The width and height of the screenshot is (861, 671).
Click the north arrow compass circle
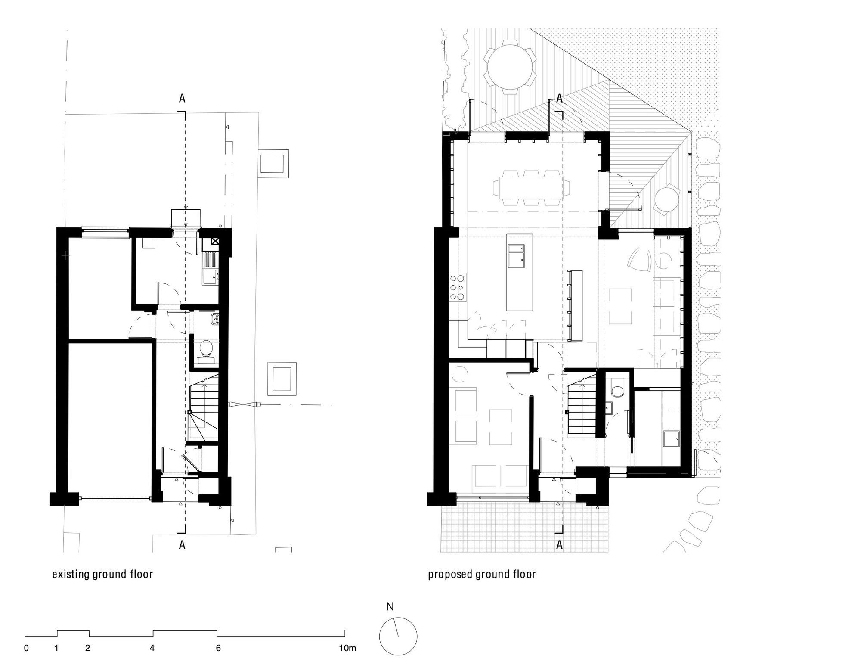(398, 636)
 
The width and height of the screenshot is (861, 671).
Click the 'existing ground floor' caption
(102, 575)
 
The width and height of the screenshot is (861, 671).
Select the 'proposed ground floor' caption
(482, 575)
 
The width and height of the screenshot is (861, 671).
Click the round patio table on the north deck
(510, 65)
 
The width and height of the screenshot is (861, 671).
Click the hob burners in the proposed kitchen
(457, 287)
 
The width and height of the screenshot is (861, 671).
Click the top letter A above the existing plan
(182, 99)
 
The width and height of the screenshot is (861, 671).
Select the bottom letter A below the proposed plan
(560, 545)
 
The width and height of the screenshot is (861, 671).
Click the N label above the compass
(390, 607)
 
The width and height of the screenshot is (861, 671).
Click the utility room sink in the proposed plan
(671, 439)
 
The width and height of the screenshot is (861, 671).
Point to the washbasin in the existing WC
(214, 319)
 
